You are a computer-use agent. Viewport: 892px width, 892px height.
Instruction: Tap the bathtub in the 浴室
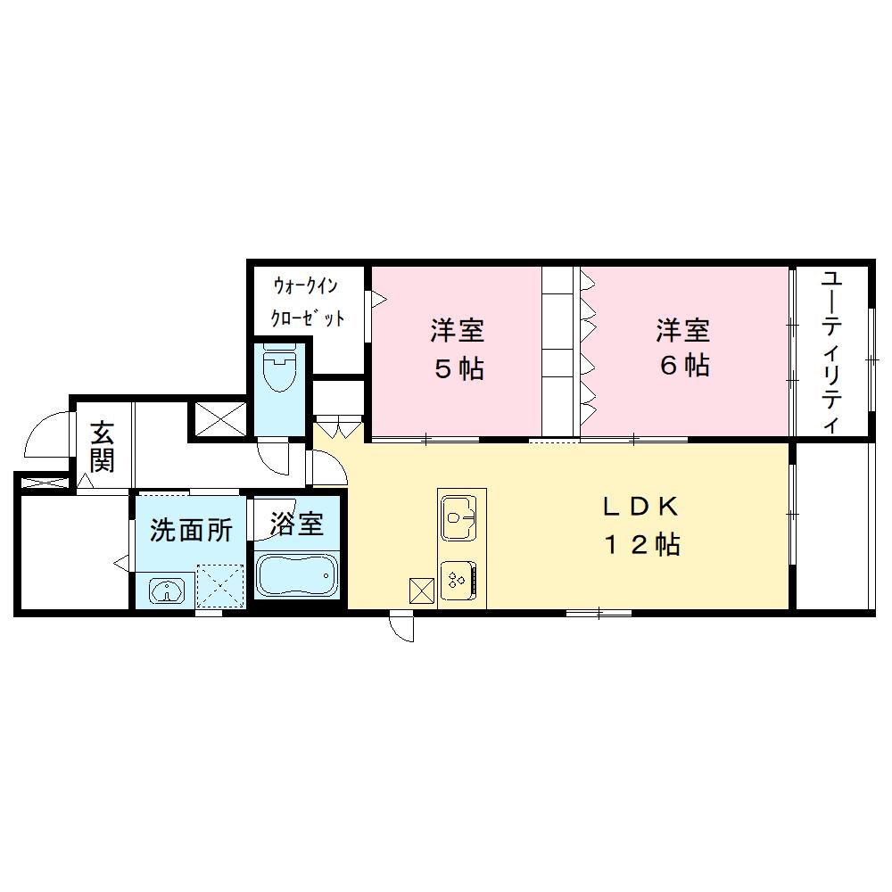click(x=296, y=574)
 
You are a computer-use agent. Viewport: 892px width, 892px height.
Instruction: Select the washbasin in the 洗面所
click(x=166, y=590)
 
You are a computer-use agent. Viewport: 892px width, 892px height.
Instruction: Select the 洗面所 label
click(x=191, y=531)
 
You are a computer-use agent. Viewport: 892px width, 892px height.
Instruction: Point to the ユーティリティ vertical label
click(x=831, y=351)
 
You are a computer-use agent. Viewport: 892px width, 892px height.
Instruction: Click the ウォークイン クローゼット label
click(x=308, y=302)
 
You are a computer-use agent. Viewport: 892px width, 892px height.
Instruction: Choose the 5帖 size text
click(x=458, y=367)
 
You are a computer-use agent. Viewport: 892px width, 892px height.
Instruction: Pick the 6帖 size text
click(x=684, y=365)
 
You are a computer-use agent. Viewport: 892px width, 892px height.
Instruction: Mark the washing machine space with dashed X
click(x=220, y=585)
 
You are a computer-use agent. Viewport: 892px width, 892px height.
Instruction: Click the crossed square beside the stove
click(x=421, y=590)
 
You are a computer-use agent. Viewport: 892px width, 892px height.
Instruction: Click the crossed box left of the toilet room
click(x=218, y=419)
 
